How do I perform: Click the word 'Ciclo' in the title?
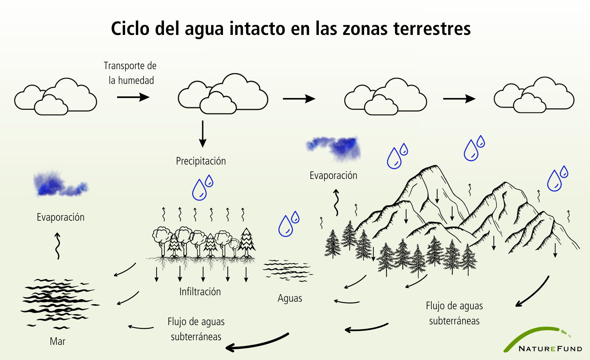[130, 28]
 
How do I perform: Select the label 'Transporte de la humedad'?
[130, 73]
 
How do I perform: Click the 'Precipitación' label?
[201, 161]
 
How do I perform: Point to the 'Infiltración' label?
[200, 292]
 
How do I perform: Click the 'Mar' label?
[58, 341]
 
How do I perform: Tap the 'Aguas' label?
[290, 298]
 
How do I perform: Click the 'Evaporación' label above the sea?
[60, 217]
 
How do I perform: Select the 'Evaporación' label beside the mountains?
[333, 176]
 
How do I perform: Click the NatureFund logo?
[543, 340]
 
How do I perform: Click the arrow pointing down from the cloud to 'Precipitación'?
[203, 134]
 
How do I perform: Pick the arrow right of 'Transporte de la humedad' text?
[133, 97]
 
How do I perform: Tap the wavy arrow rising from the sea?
[58, 246]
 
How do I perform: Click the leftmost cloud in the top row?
[55, 96]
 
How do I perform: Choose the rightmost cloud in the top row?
[534, 95]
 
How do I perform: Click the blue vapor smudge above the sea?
[60, 184]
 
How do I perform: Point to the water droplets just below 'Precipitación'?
[203, 187]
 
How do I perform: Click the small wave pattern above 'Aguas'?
[288, 270]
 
